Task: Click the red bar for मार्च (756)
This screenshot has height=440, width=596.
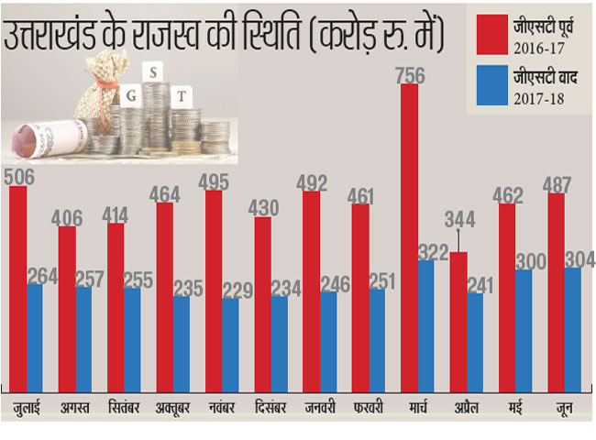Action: (409, 238)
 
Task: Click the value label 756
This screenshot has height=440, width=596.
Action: (409, 75)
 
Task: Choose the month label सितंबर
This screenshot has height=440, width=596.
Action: (124, 406)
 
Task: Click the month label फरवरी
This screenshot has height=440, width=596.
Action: (367, 406)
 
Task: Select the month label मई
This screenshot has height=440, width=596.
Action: (514, 406)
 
